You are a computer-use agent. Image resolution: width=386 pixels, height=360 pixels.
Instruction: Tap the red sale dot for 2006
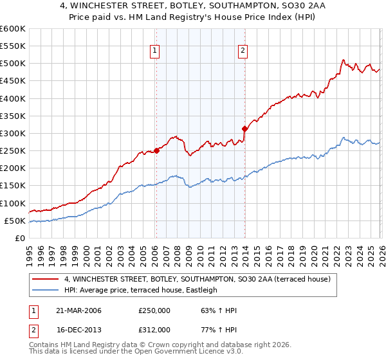coord(156,151)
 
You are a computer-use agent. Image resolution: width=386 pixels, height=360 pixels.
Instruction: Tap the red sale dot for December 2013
coord(244,129)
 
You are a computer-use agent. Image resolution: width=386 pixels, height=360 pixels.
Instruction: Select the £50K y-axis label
coord(15,221)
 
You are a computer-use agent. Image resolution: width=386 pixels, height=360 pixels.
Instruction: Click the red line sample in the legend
coord(46,279)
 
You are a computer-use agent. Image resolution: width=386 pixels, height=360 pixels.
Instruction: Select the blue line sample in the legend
coord(46,290)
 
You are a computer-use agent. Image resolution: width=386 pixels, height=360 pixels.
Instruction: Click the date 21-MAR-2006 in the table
coord(78,310)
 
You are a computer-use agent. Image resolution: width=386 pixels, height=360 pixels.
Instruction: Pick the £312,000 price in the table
coord(154,328)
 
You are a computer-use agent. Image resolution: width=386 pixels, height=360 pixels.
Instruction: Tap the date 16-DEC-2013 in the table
coord(78,328)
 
